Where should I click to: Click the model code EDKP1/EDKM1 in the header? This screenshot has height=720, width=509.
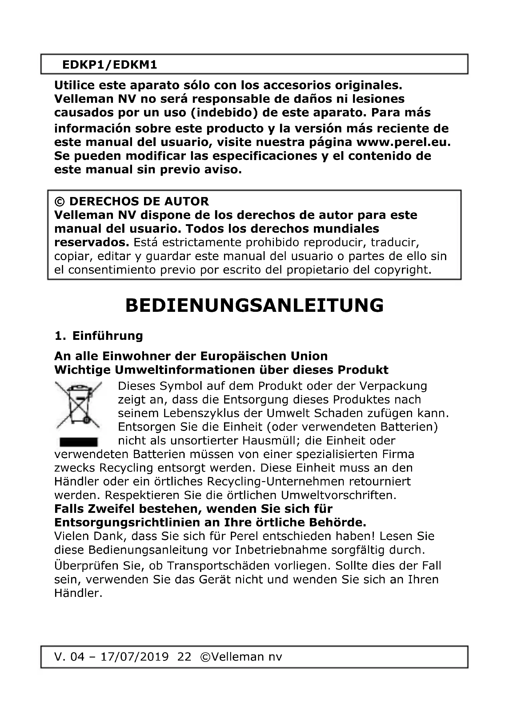(x=109, y=65)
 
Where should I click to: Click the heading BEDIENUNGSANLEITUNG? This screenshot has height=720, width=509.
(x=254, y=305)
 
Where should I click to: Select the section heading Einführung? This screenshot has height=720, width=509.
(x=107, y=336)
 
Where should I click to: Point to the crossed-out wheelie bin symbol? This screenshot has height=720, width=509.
(x=78, y=405)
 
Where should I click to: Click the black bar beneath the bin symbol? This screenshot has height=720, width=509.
(x=78, y=442)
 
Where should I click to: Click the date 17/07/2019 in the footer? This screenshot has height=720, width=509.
(x=134, y=657)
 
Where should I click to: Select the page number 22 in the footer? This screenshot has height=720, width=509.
(x=184, y=657)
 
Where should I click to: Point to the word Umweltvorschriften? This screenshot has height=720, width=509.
(x=339, y=495)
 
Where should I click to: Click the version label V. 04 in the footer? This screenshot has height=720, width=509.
(x=69, y=657)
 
